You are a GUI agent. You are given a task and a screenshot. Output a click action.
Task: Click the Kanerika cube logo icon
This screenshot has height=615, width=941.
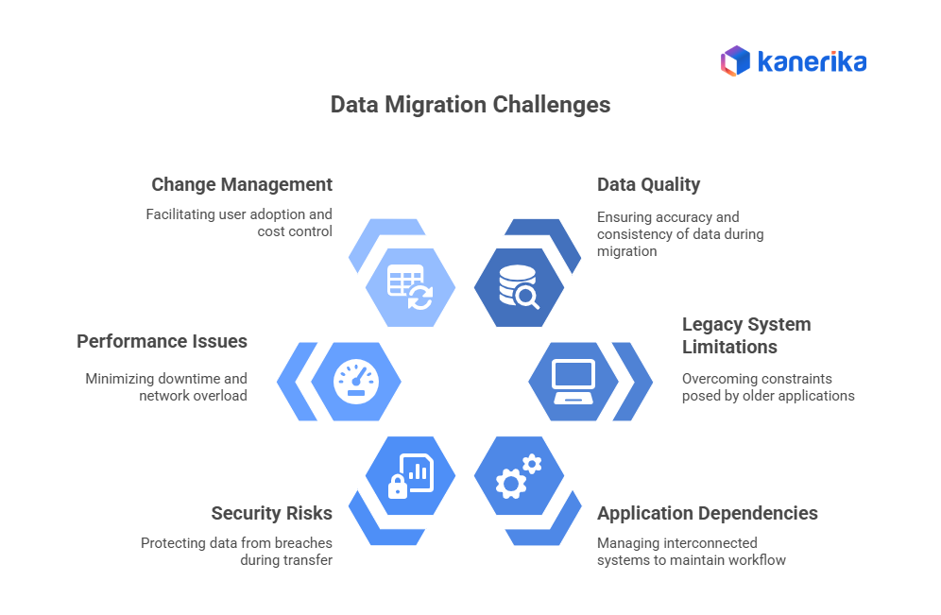pos(734,61)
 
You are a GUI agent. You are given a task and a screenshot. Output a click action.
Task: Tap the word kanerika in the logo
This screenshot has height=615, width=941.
pos(812,62)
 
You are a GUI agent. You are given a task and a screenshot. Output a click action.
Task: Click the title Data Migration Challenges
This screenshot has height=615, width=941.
pos(470,104)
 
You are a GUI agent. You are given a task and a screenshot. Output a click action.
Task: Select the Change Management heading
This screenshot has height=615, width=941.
pos(242,184)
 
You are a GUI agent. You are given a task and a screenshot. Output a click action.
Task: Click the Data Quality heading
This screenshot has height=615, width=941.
pos(648,184)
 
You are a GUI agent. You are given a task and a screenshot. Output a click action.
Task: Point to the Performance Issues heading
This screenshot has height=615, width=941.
pos(162,341)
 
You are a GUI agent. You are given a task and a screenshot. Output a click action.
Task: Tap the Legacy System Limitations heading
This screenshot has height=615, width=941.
pos(746,335)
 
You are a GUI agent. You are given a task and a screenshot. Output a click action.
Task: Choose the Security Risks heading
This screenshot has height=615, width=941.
pos(272,513)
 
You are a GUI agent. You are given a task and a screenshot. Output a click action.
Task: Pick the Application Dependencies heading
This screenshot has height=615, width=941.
pos(708,513)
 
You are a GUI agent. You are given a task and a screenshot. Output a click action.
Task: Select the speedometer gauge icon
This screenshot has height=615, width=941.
pos(355,382)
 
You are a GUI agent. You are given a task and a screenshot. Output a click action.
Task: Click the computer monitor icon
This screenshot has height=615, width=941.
pos(573,382)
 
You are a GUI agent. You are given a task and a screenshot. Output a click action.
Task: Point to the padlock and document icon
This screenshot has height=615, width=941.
pos(410,476)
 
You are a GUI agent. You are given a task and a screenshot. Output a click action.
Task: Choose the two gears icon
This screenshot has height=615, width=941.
pos(519,476)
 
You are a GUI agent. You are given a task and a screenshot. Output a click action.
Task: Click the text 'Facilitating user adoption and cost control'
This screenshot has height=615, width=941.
pos(239,223)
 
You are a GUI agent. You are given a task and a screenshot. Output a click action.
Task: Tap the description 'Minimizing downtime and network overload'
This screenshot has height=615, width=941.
pos(166,387)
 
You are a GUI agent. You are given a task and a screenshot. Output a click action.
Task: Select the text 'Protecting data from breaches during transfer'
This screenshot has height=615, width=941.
pos(236,552)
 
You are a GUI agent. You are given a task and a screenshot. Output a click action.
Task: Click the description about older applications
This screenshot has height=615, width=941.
pos(768,387)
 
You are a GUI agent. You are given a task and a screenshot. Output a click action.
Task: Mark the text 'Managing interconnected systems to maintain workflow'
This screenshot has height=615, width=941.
pos(691,552)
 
